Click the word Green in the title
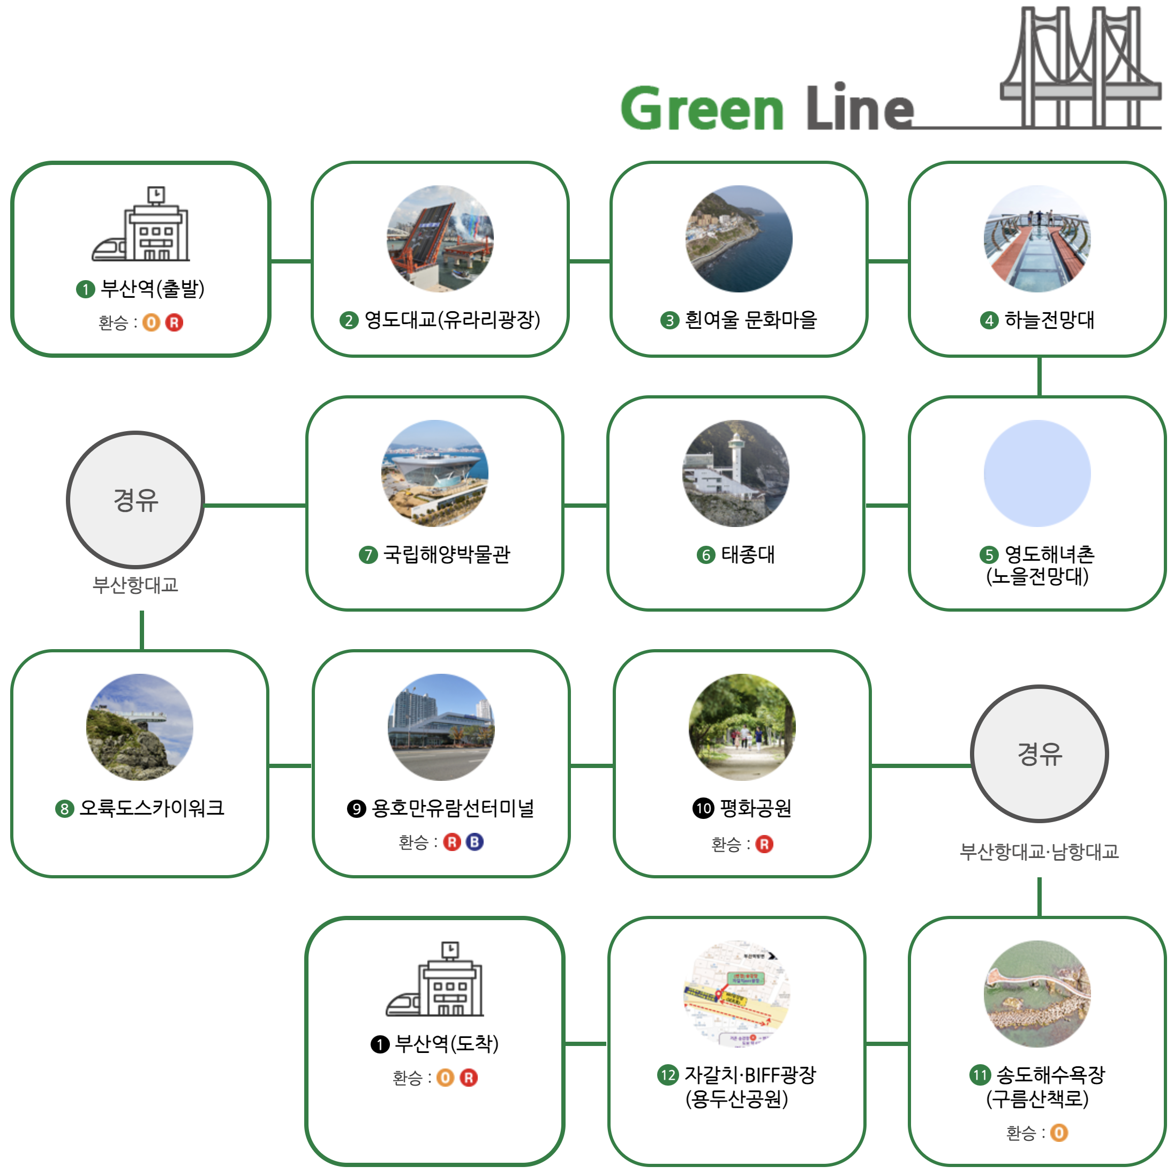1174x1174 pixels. (702, 108)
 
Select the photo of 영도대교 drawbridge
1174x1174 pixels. (440, 238)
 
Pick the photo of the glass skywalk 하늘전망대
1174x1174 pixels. (1037, 238)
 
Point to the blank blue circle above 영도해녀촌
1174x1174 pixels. (1037, 473)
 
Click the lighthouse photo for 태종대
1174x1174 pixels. (735, 473)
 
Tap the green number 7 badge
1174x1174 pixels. (367, 555)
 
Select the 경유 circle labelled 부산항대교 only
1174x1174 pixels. (135, 500)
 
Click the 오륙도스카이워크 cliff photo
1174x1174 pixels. (140, 727)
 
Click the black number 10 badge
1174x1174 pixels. (703, 808)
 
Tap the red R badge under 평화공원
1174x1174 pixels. (764, 844)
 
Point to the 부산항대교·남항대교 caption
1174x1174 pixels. (1038, 852)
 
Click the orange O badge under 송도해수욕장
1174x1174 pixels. (1058, 1133)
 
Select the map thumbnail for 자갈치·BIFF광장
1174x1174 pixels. (736, 994)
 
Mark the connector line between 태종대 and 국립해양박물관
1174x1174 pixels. (585, 505)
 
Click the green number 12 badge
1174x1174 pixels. (668, 1075)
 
